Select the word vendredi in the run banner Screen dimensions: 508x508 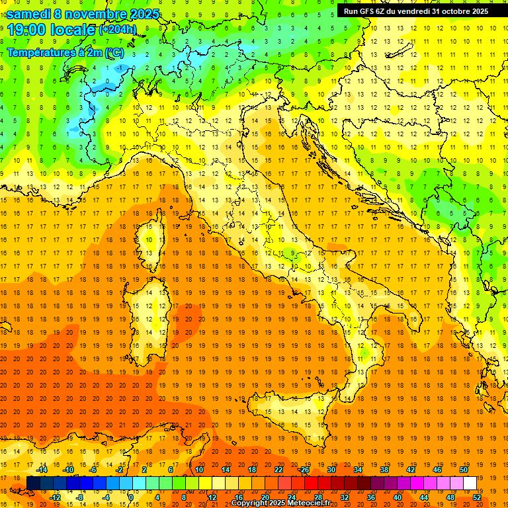(x=415, y=11)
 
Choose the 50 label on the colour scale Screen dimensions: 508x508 (x=464, y=470)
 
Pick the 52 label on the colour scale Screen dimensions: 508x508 (x=477, y=497)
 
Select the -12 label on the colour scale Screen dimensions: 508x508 (x=55, y=497)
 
